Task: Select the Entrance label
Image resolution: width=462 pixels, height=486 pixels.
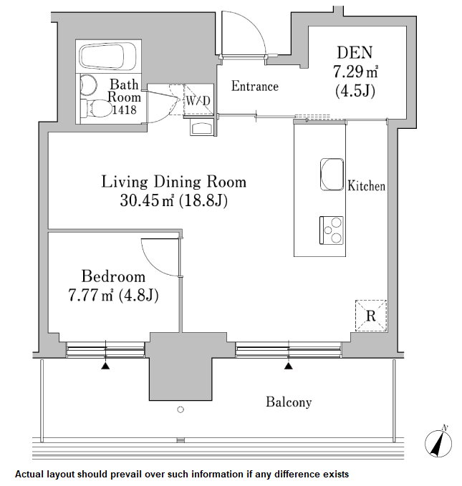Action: (254, 87)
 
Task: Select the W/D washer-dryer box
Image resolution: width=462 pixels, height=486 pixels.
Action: (198, 101)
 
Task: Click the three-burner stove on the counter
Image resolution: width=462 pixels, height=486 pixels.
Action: (331, 230)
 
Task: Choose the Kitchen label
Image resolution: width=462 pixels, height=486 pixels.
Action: (366, 186)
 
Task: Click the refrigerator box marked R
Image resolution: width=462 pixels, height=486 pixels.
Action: (371, 315)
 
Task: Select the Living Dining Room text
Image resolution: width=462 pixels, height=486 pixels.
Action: (173, 182)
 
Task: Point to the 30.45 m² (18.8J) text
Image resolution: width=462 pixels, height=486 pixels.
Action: (173, 201)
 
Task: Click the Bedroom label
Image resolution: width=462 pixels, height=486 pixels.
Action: (112, 276)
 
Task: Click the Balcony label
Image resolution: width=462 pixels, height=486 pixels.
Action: (289, 402)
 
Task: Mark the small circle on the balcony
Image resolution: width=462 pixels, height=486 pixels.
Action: (180, 410)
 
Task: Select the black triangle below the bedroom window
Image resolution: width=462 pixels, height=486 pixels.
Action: (106, 366)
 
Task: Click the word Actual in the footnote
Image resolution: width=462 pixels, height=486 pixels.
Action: (32, 474)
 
